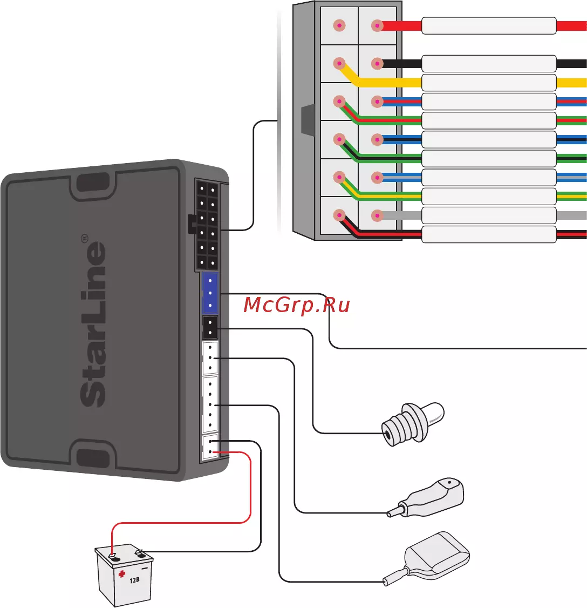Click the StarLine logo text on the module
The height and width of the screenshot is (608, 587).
click(92, 324)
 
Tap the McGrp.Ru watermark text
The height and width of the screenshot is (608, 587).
click(296, 306)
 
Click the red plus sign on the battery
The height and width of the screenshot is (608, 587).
click(122, 573)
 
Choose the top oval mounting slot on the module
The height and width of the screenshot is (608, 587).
click(92, 183)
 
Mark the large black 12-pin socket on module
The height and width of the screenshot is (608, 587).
click(207, 226)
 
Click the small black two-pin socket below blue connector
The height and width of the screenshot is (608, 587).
click(209, 327)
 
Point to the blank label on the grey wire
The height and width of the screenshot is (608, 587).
click(488, 215)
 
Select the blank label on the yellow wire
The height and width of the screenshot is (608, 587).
click(488, 83)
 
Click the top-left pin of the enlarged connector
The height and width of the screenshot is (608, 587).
click(339, 25)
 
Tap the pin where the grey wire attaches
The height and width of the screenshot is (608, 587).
click(377, 214)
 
